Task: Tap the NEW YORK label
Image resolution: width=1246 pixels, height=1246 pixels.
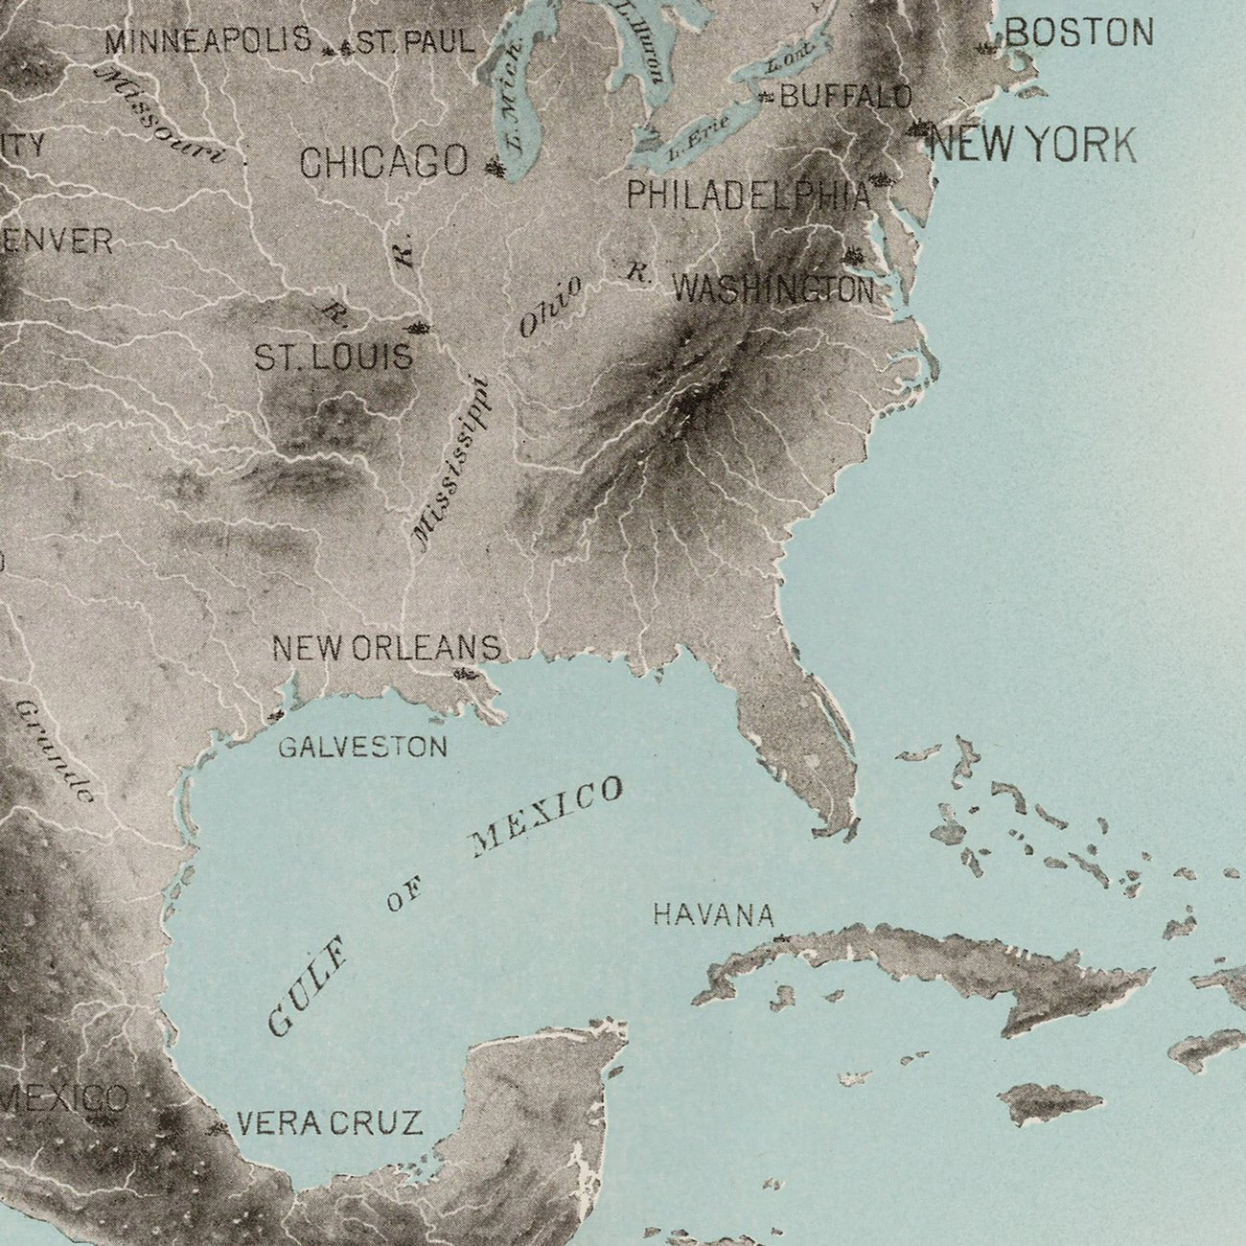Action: coord(1033,146)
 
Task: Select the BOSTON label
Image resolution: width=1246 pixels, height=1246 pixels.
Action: coord(1078,35)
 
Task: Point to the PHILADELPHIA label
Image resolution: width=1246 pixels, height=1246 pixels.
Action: coord(749,196)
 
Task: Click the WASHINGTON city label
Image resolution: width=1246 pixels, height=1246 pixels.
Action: coord(773,288)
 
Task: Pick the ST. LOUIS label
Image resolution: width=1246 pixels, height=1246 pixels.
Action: coord(333,358)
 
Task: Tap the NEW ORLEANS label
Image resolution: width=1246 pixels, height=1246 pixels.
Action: coord(386,648)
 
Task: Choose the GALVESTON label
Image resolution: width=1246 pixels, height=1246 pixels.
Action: coord(362,747)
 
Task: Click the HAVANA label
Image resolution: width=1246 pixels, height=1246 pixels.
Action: coord(713,915)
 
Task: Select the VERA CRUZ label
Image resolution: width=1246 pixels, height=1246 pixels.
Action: coord(329,1122)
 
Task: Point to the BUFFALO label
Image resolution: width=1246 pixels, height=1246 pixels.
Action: coord(845,96)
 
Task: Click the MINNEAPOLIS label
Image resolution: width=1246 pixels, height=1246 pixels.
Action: coord(208,41)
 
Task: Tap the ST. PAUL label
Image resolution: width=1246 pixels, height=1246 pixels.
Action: coord(415,42)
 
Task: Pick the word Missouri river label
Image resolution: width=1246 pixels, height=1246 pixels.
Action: coord(161,115)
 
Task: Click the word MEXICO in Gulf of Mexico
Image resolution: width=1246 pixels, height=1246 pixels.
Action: coord(547,817)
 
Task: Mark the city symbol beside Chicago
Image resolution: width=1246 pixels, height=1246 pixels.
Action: coord(495,169)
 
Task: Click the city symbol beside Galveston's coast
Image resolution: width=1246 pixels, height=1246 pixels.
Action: coord(277,715)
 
